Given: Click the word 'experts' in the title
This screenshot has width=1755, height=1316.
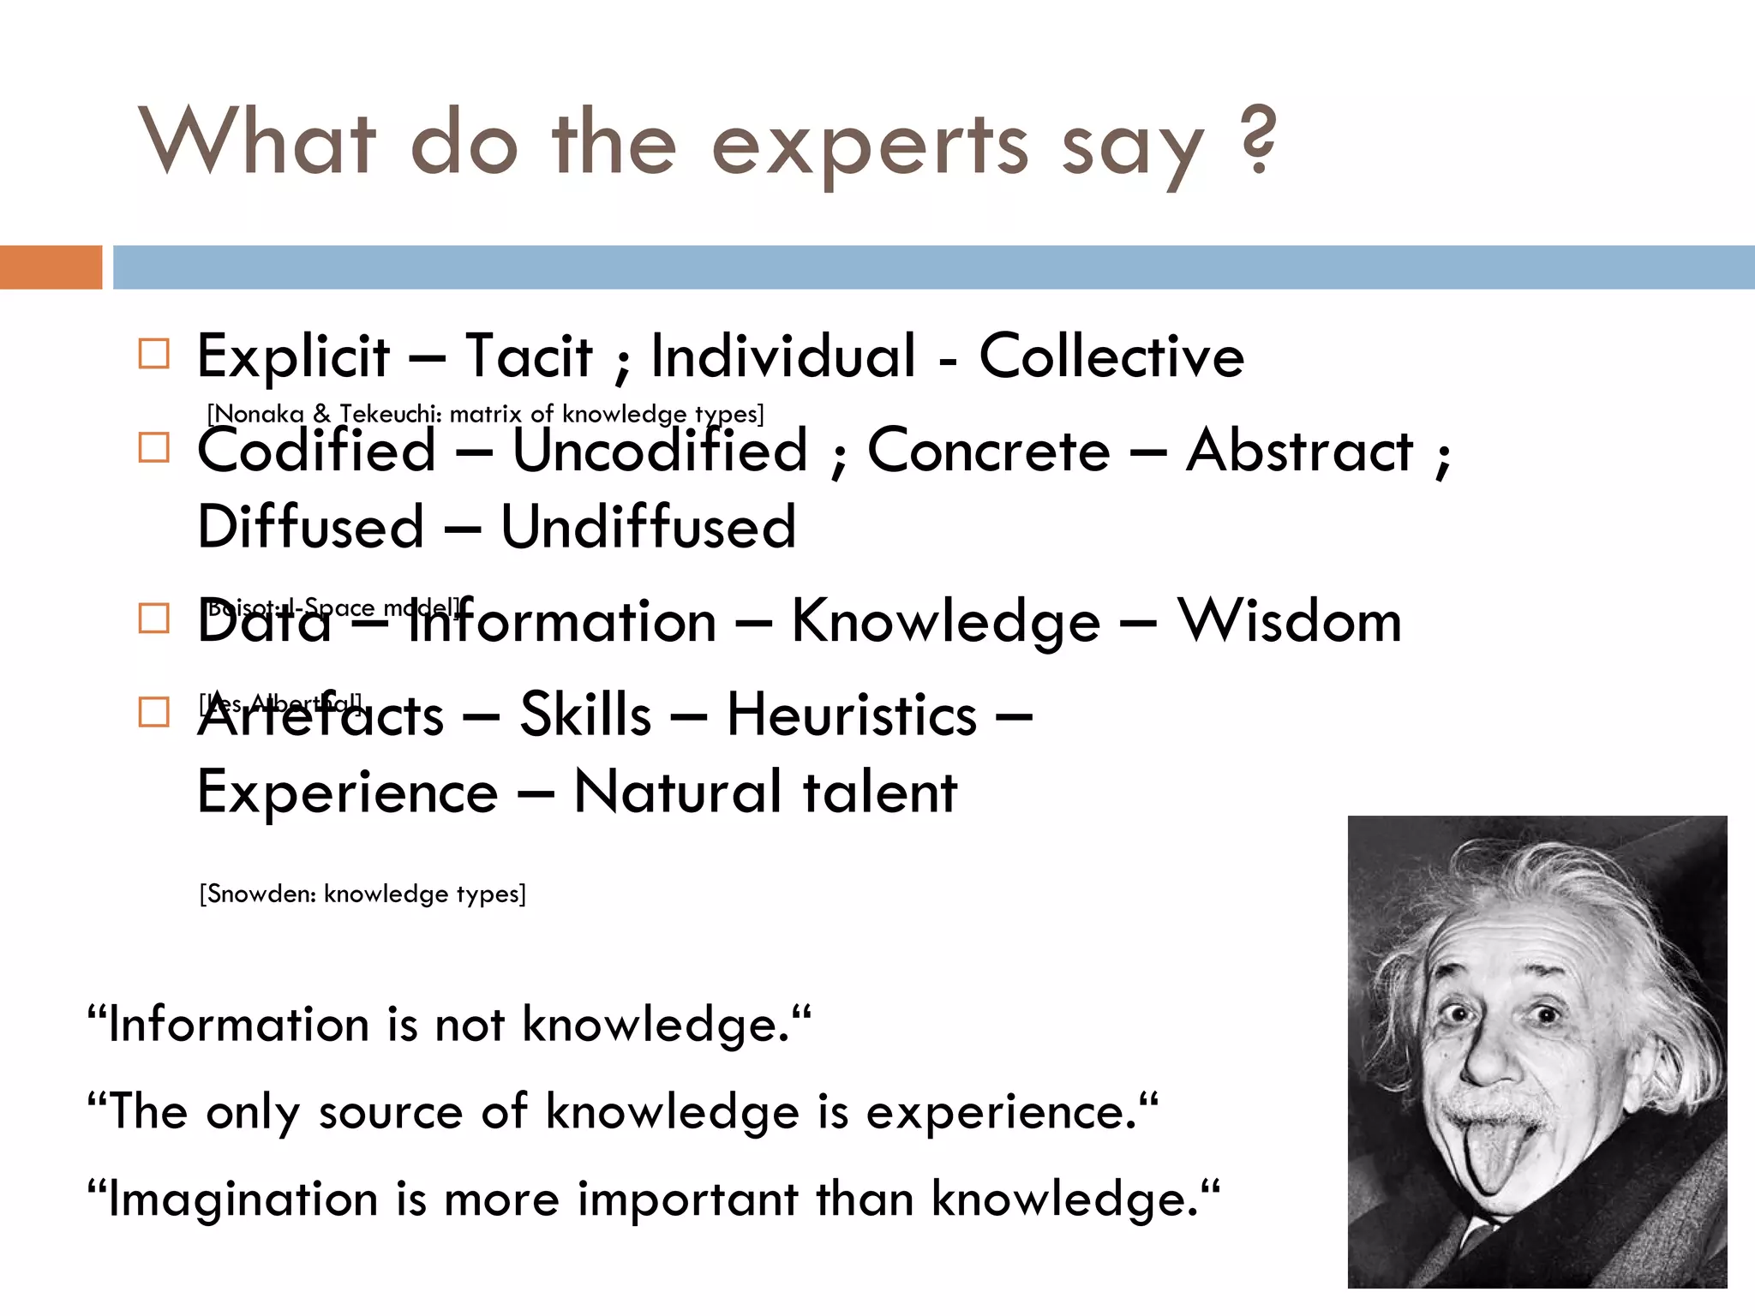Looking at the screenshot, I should (869, 146).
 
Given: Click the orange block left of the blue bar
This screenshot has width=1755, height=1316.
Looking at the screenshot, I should (51, 266).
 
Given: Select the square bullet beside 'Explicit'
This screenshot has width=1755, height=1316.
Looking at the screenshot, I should (154, 353).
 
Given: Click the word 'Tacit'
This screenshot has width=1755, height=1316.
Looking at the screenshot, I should (529, 356).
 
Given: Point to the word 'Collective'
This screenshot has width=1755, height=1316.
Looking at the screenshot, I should (1111, 356).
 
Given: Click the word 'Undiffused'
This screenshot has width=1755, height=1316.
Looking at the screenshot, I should (648, 526).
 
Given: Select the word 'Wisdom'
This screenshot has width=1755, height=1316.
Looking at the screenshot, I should (1289, 620).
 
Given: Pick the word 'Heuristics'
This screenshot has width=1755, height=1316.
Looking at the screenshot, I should (851, 715).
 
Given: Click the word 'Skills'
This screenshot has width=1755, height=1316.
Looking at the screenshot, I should (585, 715).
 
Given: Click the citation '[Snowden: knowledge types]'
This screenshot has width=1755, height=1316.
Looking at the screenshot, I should (362, 894).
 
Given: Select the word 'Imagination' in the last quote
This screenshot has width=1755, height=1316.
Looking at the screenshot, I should (243, 1198).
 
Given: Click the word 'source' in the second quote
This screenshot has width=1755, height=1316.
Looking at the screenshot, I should (391, 1112).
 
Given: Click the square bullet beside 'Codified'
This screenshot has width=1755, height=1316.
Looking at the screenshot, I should (154, 447).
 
